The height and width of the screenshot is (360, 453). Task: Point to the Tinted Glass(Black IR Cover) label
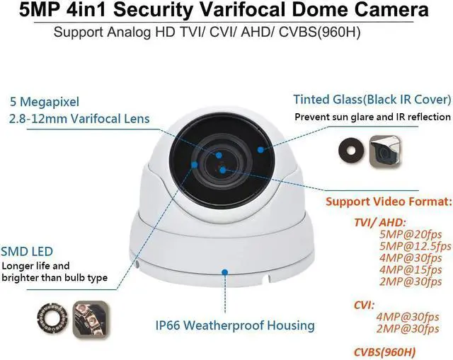[x=372, y=99]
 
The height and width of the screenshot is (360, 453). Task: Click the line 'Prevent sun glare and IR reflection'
[x=372, y=116]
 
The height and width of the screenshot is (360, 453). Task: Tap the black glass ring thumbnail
[x=348, y=146]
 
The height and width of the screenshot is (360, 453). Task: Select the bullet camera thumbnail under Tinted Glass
[x=386, y=146]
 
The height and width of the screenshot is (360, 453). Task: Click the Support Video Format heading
[x=387, y=201]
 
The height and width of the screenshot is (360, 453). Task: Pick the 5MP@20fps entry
[x=406, y=234]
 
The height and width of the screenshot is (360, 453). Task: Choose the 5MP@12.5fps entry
[x=415, y=247]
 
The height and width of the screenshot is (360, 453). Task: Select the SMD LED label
[x=28, y=250]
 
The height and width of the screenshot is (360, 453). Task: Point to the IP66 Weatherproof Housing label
[x=234, y=325]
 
